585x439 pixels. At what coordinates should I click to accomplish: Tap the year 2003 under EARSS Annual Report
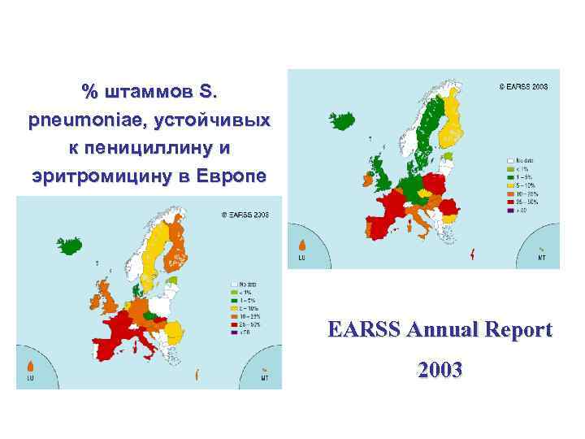tap(440, 371)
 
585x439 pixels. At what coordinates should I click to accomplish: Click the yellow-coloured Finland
tap(457, 122)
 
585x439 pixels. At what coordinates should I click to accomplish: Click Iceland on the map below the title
tap(71, 244)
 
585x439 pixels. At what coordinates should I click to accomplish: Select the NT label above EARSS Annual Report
tap(541, 259)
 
